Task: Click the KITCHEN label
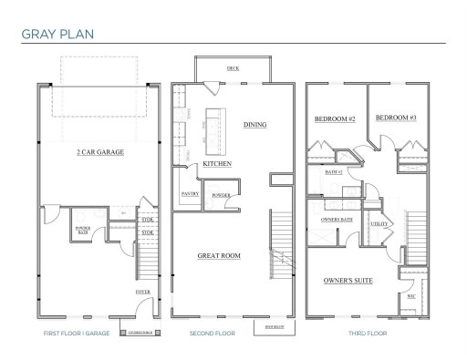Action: [x=217, y=163]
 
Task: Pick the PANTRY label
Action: [x=191, y=194]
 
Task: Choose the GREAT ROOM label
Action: [x=219, y=256]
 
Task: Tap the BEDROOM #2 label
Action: [x=335, y=119]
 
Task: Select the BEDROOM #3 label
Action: [x=396, y=118]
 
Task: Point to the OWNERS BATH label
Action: [x=337, y=220]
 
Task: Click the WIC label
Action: [x=410, y=295]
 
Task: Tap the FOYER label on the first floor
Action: [x=143, y=292]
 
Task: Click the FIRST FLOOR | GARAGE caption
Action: [x=76, y=334]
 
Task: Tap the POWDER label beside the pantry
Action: [x=219, y=194]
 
